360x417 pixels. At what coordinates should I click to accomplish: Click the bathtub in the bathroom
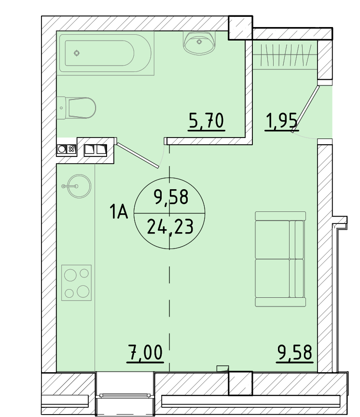point(105,53)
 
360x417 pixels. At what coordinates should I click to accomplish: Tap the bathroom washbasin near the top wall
point(199,43)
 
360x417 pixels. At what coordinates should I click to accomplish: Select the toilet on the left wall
point(76,108)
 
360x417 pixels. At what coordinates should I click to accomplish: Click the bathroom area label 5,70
point(207,122)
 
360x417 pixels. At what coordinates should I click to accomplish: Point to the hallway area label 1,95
point(282,122)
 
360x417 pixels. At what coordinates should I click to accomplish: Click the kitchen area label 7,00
point(145,353)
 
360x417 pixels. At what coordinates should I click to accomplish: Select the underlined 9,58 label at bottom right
point(294,353)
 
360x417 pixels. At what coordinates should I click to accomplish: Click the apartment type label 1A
point(119,212)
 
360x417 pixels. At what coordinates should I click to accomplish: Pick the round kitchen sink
point(79,186)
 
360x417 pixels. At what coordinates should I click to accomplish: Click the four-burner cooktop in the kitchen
point(76,283)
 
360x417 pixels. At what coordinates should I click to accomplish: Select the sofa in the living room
point(280,259)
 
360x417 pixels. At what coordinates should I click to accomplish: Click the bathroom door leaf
point(138,155)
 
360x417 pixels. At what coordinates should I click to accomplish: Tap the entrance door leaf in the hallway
point(305,109)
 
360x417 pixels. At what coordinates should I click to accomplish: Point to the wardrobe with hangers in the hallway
point(285,55)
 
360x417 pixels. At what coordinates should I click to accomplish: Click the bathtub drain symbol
point(77,53)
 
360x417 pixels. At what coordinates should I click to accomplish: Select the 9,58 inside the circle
point(171,197)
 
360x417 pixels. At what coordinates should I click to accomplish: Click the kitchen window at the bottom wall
point(125,394)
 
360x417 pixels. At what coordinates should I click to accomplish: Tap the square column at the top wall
point(240,28)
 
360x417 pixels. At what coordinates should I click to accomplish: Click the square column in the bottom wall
point(240,383)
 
